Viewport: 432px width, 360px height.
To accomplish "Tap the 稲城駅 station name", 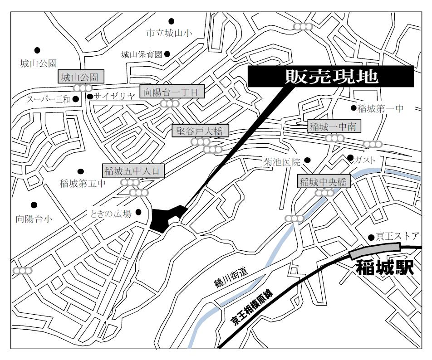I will pyautogui.click(x=385, y=268).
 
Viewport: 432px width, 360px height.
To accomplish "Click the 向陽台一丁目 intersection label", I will pyautogui.click(x=172, y=92).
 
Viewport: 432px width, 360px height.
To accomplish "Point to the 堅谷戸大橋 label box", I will pyautogui.click(x=200, y=132).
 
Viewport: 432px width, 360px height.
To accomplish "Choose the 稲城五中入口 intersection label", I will pyautogui.click(x=132, y=171).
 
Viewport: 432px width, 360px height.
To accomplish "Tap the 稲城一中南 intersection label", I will pyautogui.click(x=335, y=127).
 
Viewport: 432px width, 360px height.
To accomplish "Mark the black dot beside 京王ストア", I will pyautogui.click(x=372, y=237).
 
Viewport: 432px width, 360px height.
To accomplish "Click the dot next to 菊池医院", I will pyautogui.click(x=307, y=160).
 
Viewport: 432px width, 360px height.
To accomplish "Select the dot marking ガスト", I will pyautogui.click(x=350, y=158).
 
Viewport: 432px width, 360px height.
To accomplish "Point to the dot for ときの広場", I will pyautogui.click(x=138, y=212).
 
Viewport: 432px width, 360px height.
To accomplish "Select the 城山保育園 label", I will pyautogui.click(x=142, y=54).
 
